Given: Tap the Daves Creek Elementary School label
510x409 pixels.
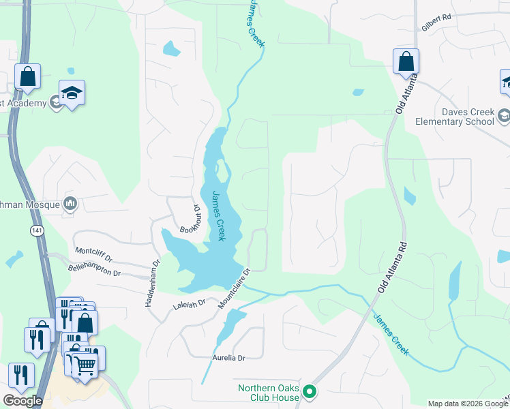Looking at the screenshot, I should pyautogui.click(x=455, y=117).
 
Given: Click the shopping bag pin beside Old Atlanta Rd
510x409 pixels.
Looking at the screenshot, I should pyautogui.click(x=406, y=62).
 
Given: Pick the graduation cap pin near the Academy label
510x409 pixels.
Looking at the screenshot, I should pyautogui.click(x=72, y=94).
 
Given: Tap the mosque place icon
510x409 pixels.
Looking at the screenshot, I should pyautogui.click(x=70, y=203).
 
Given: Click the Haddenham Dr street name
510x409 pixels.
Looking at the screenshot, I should pyautogui.click(x=151, y=283).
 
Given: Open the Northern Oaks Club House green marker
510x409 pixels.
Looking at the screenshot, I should pyautogui.click(x=310, y=391).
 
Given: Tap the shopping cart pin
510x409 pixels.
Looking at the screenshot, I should pyautogui.click(x=85, y=365).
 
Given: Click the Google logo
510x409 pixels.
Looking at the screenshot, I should pyautogui.click(x=22, y=401).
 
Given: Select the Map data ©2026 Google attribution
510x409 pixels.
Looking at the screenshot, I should pyautogui.click(x=468, y=404).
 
